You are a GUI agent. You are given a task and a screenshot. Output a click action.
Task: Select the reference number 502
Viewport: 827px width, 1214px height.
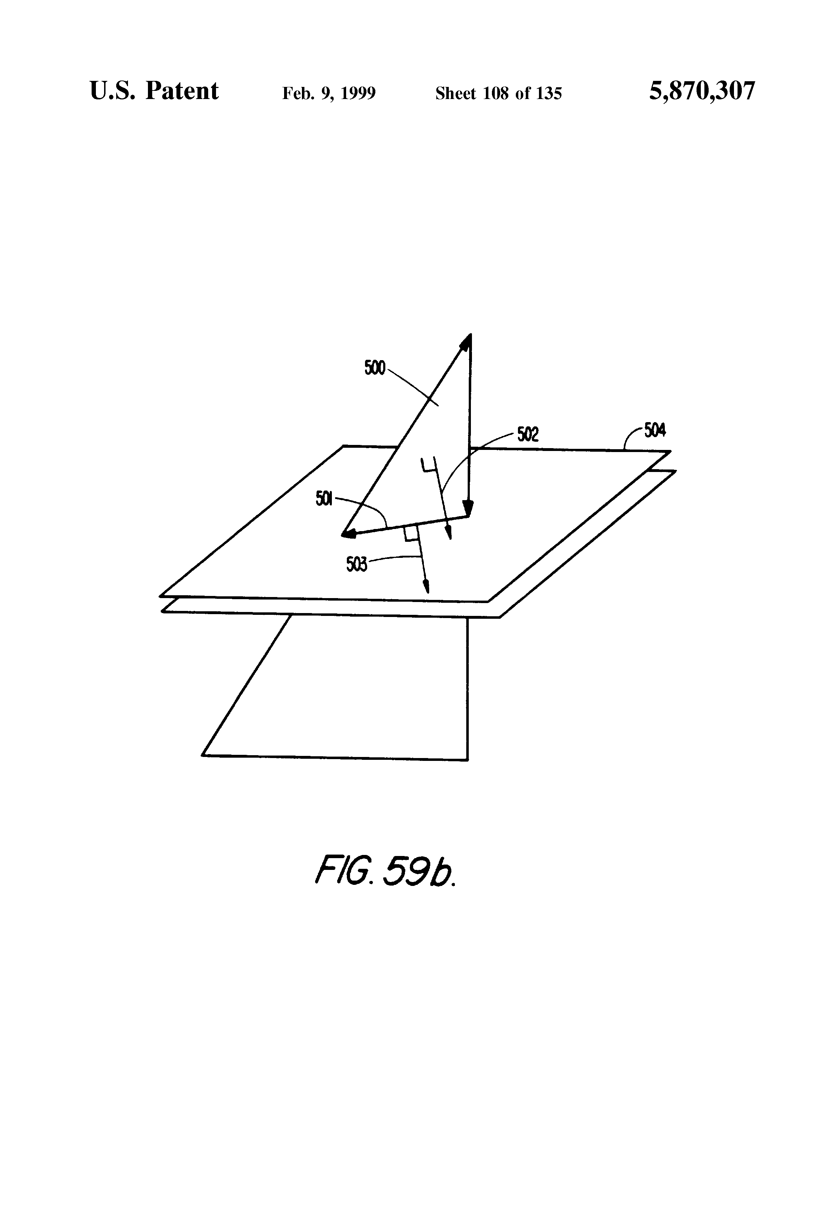(528, 435)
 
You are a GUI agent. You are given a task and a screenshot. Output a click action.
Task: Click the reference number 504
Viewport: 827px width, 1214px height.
(654, 431)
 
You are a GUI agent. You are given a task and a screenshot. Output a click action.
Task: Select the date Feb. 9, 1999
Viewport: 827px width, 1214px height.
(329, 93)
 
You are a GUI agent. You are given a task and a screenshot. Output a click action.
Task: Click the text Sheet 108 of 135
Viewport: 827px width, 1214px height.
(498, 93)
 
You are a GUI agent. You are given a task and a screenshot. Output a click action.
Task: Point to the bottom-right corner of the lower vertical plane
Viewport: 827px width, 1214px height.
(467, 759)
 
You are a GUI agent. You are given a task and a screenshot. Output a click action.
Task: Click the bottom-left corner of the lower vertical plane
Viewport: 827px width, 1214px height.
(203, 755)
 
